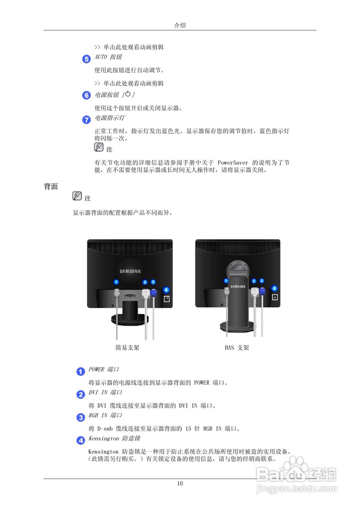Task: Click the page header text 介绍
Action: [x=180, y=25]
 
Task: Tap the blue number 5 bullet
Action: [x=86, y=59]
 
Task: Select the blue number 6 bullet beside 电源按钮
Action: [x=86, y=95]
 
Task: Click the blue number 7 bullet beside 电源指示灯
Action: [x=86, y=120]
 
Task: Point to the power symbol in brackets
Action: [x=128, y=94]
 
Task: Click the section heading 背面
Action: [x=51, y=187]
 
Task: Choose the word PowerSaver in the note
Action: [x=233, y=163]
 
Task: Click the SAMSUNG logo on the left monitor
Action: [x=130, y=271]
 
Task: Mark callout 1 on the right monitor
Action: [x=226, y=281]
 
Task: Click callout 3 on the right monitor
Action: [x=262, y=281]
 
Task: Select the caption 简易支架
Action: [x=127, y=348]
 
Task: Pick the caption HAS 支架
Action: [x=237, y=348]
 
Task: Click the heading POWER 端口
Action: [x=104, y=369]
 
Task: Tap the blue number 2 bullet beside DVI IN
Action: [x=80, y=394]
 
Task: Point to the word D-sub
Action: [x=105, y=429]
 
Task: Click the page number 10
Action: [x=180, y=484]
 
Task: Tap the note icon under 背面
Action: [x=77, y=196]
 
